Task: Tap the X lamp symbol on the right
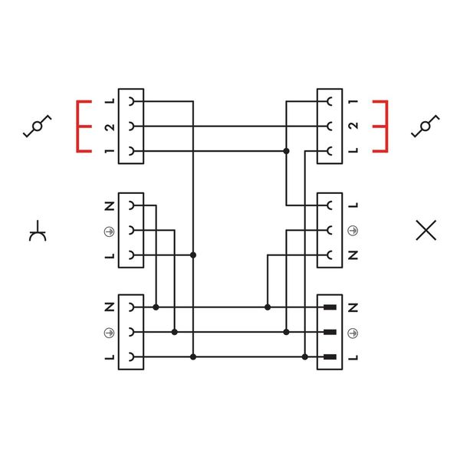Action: coord(426,230)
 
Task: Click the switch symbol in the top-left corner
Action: coord(37,127)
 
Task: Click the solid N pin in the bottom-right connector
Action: coord(330,307)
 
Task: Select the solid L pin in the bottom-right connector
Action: coord(330,356)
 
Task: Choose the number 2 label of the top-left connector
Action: coord(109,127)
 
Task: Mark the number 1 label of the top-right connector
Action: coord(352,102)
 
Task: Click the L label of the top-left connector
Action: coord(109,102)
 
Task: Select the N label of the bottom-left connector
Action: coord(109,307)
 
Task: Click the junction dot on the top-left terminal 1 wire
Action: coord(286,152)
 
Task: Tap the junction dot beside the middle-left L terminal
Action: coord(193,255)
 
